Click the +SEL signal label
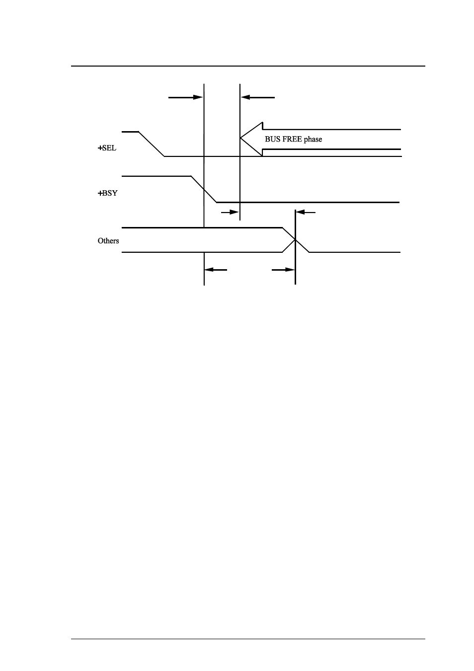pyautogui.click(x=107, y=148)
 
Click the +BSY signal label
pyautogui.click(x=107, y=193)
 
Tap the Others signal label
pyautogui.click(x=108, y=241)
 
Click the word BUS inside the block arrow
pyautogui.click(x=272, y=139)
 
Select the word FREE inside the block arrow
pyautogui.click(x=292, y=139)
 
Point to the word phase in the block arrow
pyautogui.click(x=313, y=140)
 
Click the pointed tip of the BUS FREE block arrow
pyautogui.click(x=240, y=138)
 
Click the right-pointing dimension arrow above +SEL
pyautogui.click(x=186, y=97)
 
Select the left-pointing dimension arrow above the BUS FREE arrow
pyautogui.click(x=258, y=97)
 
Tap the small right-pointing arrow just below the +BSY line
pyautogui.click(x=230, y=212)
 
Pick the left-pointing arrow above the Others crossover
pyautogui.click(x=306, y=212)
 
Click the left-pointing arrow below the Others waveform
pyautogui.click(x=216, y=270)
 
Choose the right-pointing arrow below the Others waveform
pyautogui.click(x=283, y=270)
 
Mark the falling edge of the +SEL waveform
pyautogui.click(x=152, y=144)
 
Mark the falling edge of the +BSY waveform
pyautogui.click(x=204, y=189)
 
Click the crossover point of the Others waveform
pyautogui.click(x=296, y=239)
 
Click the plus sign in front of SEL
pyautogui.click(x=100, y=148)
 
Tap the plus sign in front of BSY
pyautogui.click(x=100, y=193)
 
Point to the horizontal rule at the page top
pyautogui.click(x=248, y=66)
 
